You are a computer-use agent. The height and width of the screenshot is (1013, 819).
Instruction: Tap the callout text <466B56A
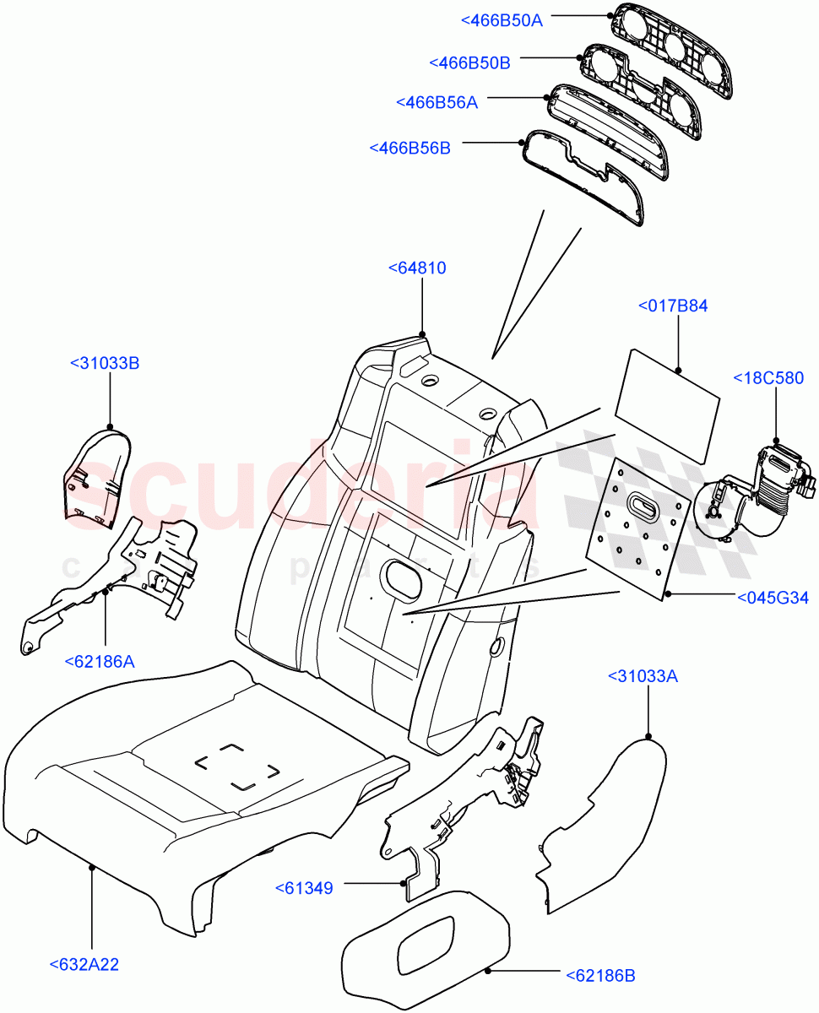pos(437,102)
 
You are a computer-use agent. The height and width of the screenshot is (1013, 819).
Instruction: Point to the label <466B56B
pos(409,148)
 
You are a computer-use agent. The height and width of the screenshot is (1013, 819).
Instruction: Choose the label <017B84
pos(673,306)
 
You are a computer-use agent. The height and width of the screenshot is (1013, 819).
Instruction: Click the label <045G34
pos(773,599)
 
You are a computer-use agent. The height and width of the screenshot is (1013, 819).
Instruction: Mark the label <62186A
pos(99,661)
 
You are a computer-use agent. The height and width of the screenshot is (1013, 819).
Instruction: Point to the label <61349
pos(304,888)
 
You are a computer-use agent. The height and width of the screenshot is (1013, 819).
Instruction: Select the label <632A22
pos(84,964)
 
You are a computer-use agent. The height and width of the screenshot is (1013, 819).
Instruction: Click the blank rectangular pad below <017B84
pos(667,407)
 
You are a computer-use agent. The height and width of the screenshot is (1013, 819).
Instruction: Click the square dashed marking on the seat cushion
pos(236,766)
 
